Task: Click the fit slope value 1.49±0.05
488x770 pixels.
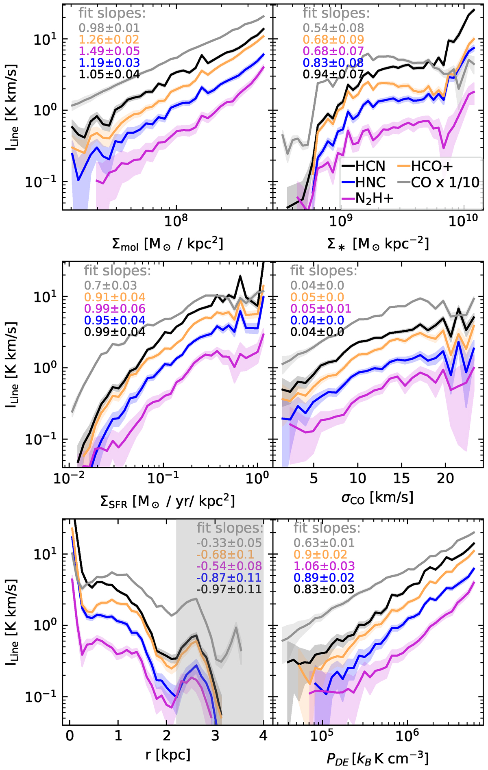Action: click(109, 51)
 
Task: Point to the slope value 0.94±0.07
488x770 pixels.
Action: click(333, 74)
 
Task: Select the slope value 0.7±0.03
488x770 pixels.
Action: click(111, 285)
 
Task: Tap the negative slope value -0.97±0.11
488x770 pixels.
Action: click(229, 589)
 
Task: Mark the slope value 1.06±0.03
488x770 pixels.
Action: click(324, 566)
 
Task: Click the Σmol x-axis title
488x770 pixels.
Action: click(167, 244)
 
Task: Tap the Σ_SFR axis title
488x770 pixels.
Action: click(167, 502)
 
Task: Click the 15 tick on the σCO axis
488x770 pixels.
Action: click(401, 479)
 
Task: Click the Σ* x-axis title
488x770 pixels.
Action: click(378, 244)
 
